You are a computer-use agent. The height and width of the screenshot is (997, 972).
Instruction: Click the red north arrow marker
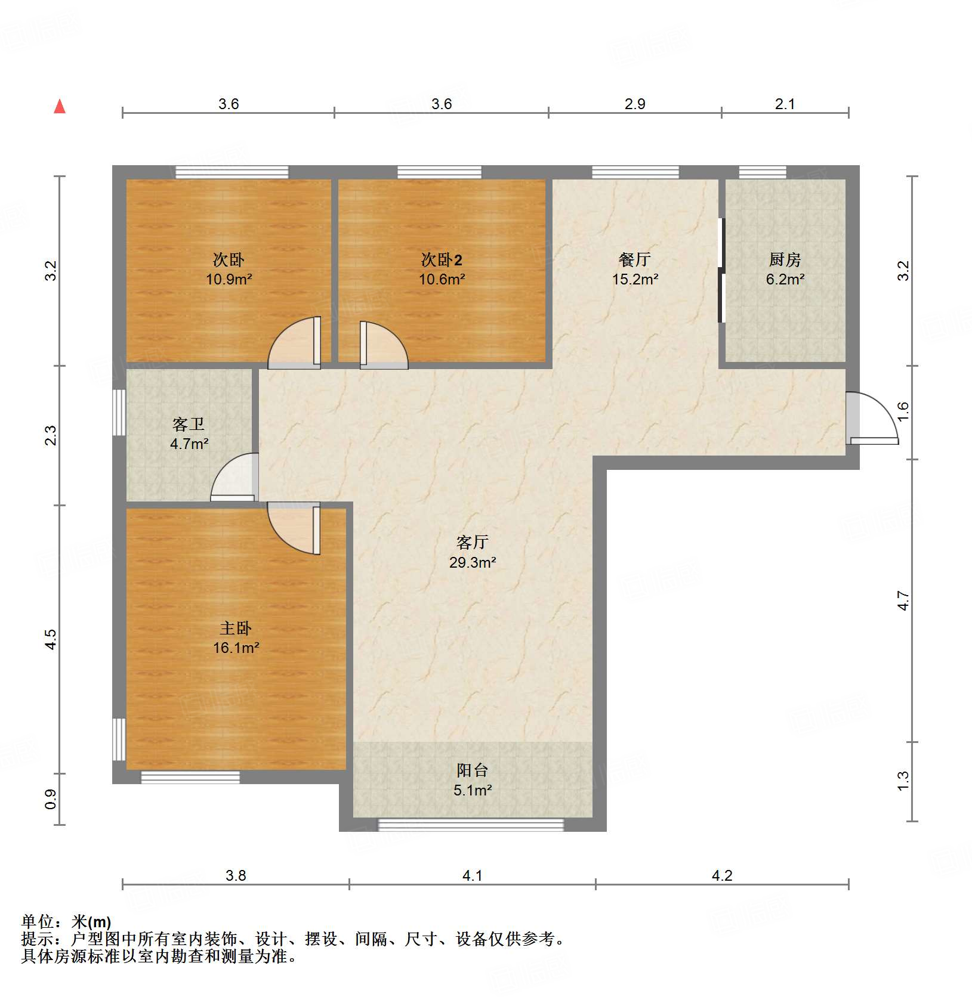tap(60, 107)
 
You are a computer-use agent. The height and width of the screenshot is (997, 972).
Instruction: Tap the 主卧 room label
tap(236, 628)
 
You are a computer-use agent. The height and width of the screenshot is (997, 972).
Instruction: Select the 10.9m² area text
tap(229, 279)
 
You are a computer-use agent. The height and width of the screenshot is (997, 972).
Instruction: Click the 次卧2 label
tap(441, 260)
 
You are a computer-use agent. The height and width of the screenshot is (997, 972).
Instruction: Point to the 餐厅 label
tap(634, 259)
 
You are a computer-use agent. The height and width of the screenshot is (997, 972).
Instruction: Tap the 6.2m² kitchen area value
tap(785, 279)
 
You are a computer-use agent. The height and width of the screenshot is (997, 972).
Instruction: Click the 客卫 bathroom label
tap(189, 424)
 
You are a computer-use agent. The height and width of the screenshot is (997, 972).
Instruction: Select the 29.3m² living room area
tap(473, 562)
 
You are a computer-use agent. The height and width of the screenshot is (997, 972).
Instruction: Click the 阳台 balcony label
tap(472, 770)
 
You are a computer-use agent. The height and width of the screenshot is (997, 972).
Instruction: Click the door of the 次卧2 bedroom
tap(382, 345)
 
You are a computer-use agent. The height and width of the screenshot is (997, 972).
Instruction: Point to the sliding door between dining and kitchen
tap(721, 270)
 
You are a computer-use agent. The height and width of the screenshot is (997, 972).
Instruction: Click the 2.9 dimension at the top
tap(635, 104)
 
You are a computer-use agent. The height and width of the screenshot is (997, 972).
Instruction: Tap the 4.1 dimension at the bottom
tap(472, 875)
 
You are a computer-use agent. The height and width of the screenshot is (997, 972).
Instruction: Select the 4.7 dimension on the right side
tap(903, 600)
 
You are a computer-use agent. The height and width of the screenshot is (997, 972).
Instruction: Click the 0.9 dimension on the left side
tap(51, 799)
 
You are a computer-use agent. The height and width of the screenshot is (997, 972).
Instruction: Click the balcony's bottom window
tap(471, 825)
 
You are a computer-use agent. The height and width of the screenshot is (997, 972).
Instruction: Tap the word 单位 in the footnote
tap(37, 922)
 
